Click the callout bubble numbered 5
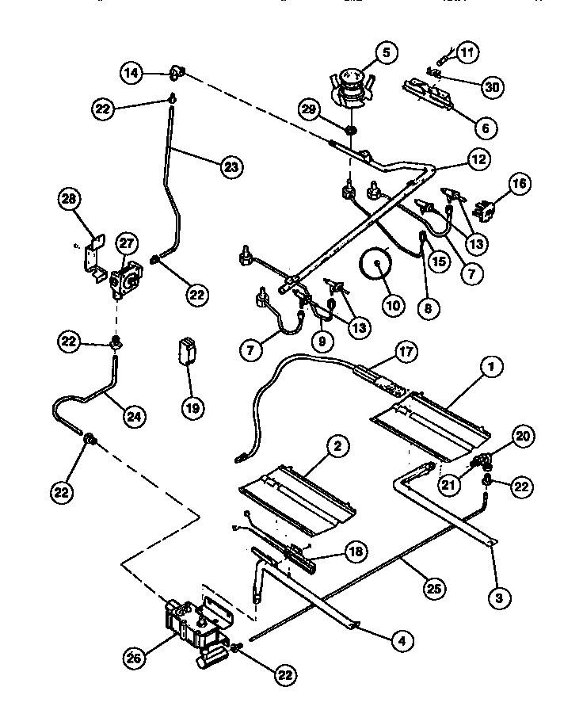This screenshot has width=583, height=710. coord(386,53)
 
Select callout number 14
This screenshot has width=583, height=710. coord(131,73)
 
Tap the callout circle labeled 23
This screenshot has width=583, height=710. coord(231,166)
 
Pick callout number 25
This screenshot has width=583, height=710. coord(435,589)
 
